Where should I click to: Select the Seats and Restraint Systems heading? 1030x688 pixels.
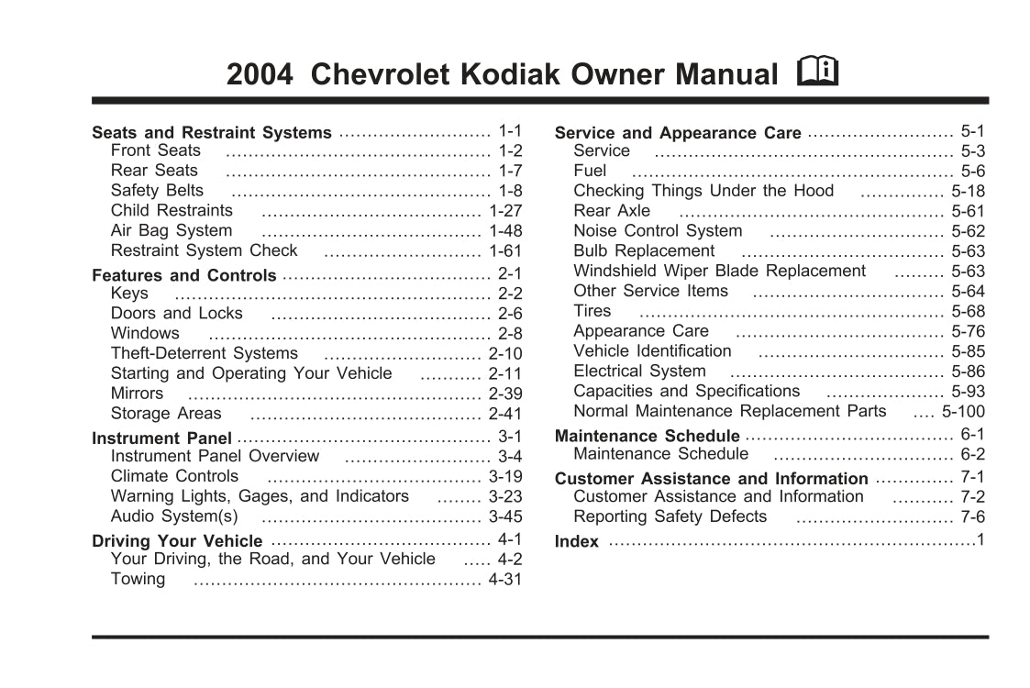point(212,133)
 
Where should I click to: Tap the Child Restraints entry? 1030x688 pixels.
point(172,210)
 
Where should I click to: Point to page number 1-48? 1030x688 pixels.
point(504,231)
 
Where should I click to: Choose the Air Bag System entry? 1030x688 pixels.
point(172,230)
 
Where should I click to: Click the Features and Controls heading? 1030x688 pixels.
point(184,275)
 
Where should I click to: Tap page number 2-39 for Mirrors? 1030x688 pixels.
point(504,394)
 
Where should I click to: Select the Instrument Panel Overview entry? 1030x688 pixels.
point(215,456)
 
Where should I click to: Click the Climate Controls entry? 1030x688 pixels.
point(174,476)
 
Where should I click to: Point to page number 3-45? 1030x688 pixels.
point(504,516)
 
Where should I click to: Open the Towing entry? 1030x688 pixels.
point(138,579)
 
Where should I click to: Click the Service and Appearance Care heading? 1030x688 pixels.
point(678,133)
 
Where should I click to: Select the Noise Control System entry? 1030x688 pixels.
point(658,231)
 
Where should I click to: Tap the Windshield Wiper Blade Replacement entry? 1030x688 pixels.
point(719,271)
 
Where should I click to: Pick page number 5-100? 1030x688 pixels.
point(963,412)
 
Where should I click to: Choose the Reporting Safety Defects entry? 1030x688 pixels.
point(670,516)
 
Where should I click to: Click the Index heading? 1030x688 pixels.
point(577,541)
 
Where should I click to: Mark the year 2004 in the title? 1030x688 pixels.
point(260,74)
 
